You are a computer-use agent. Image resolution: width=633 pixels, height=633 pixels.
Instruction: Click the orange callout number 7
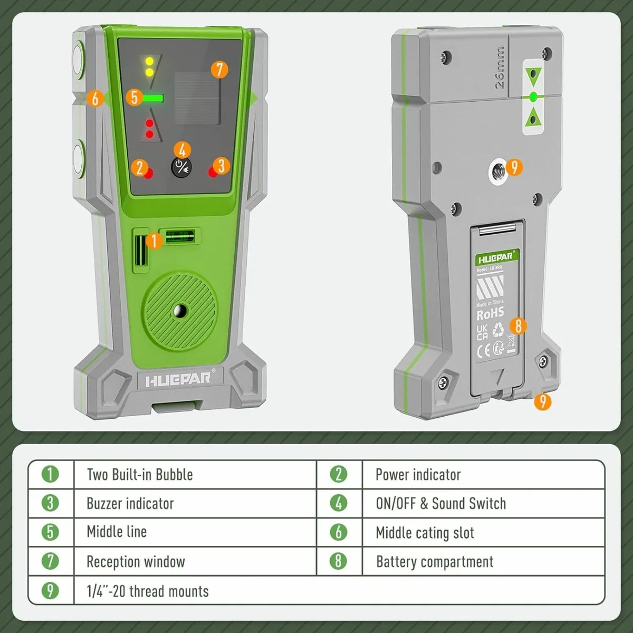pyautogui.click(x=219, y=70)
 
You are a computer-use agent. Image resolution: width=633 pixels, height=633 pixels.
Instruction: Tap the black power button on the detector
pyautogui.click(x=181, y=168)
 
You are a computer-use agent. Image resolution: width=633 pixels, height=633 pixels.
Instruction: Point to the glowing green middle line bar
pyautogui.click(x=153, y=98)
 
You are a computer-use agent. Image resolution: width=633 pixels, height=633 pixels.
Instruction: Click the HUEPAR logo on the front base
pyautogui.click(x=178, y=379)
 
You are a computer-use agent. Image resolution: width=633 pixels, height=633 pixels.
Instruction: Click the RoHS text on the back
pyautogui.click(x=490, y=314)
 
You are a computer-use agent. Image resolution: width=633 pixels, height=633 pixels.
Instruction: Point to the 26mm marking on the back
pyautogui.click(x=499, y=68)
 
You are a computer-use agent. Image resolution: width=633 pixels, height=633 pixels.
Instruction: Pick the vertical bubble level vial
pyautogui.click(x=140, y=250)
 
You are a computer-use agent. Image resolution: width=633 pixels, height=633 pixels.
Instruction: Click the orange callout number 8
pyautogui.click(x=518, y=325)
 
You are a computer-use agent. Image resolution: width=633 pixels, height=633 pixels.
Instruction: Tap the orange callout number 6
pyautogui.click(x=95, y=98)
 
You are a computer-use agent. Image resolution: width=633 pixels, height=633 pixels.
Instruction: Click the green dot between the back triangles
pyautogui.click(x=533, y=97)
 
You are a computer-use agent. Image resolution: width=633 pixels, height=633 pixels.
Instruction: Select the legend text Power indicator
pyautogui.click(x=418, y=475)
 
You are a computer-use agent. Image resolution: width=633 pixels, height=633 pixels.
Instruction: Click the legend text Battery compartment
pyautogui.click(x=435, y=562)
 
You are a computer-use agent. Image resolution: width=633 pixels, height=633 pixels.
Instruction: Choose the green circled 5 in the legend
pyautogui.click(x=50, y=532)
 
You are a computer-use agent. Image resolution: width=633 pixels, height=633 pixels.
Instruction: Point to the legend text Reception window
pyautogui.click(x=136, y=562)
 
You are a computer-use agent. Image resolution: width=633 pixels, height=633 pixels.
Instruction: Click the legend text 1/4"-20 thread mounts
pyautogui.click(x=148, y=591)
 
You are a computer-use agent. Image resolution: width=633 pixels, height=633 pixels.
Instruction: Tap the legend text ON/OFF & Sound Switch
pyautogui.click(x=440, y=504)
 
